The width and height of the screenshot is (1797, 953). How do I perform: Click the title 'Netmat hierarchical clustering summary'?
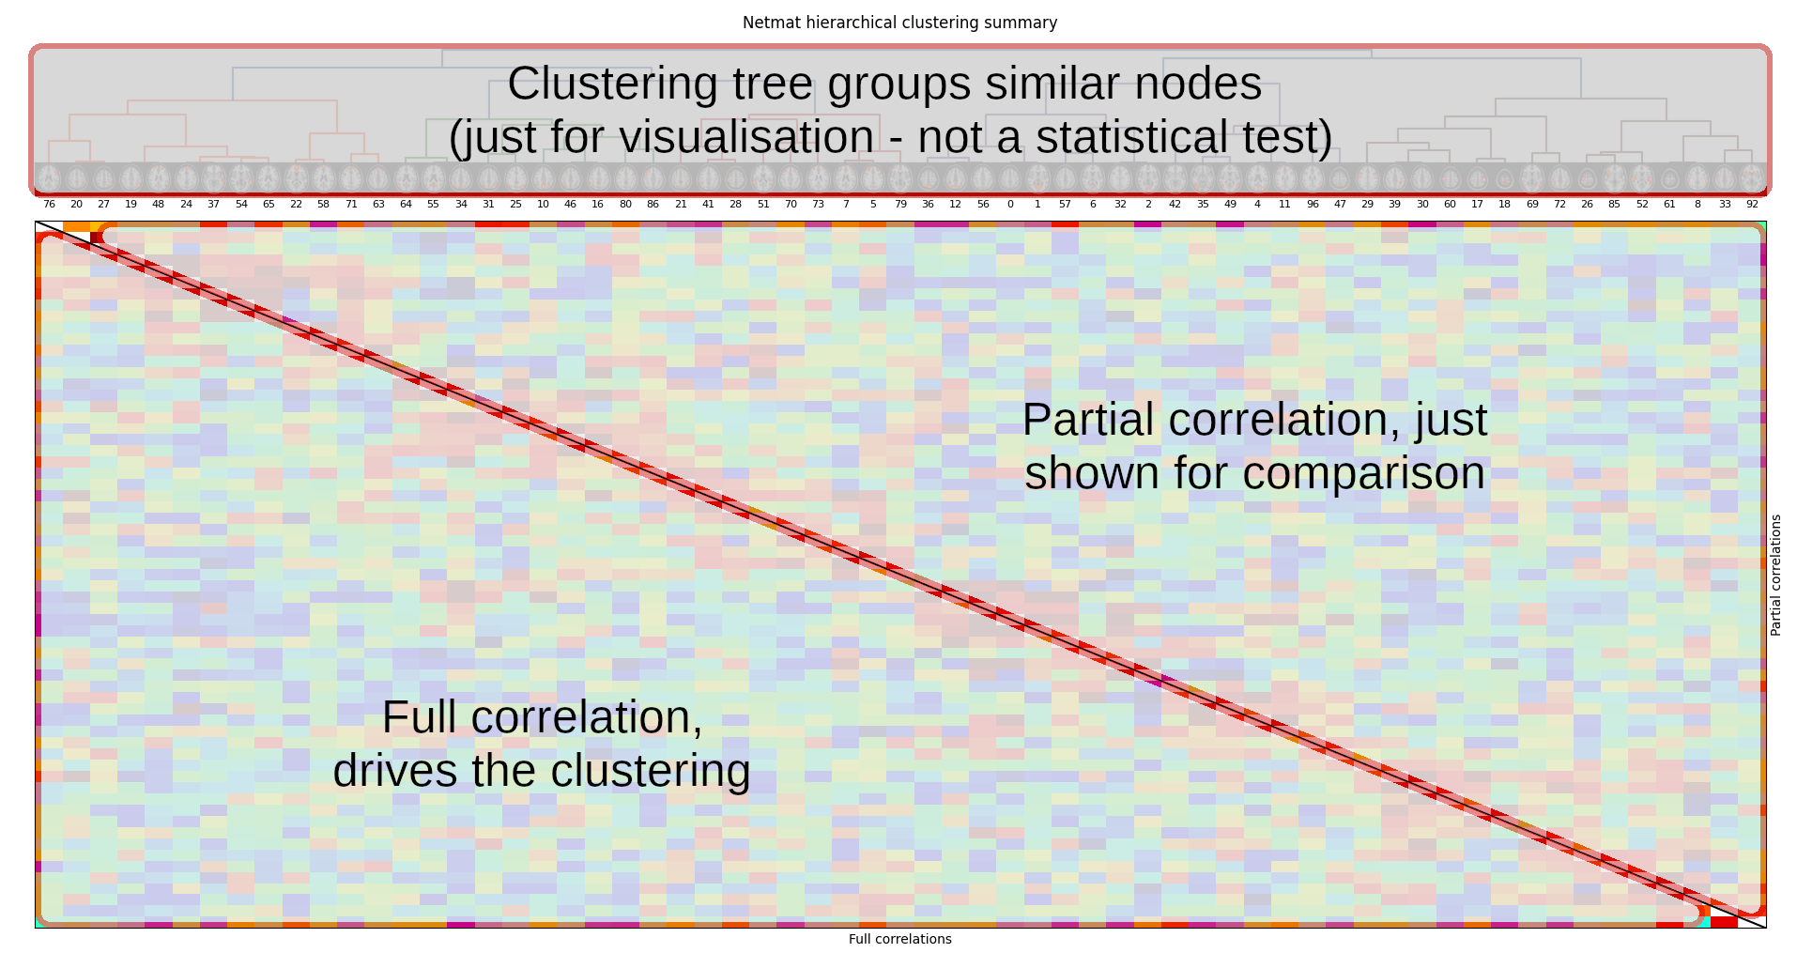click(899, 23)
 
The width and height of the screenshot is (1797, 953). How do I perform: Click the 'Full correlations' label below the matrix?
click(899, 939)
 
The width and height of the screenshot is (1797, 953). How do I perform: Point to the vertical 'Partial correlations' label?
click(1775, 575)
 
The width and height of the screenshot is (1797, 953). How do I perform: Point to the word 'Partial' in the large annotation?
click(1087, 420)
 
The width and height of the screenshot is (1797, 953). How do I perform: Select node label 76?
click(49, 204)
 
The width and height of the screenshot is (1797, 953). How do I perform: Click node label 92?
click(1752, 204)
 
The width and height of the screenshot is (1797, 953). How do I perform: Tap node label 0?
click(1010, 204)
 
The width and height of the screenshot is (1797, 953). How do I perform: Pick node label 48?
click(158, 204)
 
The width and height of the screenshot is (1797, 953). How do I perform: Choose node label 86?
click(653, 204)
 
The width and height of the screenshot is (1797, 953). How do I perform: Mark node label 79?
click(900, 204)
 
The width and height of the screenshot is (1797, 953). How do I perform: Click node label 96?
click(1313, 204)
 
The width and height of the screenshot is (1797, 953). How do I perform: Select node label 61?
click(1669, 204)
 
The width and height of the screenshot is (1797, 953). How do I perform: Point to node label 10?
click(543, 204)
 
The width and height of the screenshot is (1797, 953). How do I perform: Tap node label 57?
click(1065, 204)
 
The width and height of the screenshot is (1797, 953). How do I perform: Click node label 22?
click(296, 204)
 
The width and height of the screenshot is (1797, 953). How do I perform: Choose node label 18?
click(1504, 204)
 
